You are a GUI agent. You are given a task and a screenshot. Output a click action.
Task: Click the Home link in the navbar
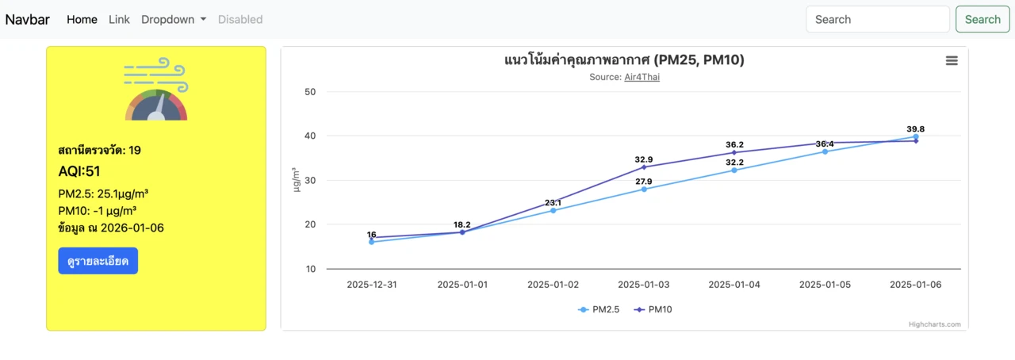[82, 19]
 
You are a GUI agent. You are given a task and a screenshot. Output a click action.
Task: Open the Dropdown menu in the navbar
[174, 19]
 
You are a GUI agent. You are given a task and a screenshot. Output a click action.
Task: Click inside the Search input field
[877, 19]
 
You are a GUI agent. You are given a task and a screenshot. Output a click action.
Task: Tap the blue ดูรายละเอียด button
[98, 261]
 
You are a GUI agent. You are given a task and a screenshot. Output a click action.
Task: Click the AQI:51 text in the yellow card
[79, 171]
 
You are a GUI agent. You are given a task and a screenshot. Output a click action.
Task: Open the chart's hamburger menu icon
[952, 61]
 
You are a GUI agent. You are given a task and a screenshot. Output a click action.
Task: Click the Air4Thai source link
[642, 77]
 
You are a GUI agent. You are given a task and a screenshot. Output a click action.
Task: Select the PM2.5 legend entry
[599, 309]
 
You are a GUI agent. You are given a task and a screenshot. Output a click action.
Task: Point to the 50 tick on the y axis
[310, 92]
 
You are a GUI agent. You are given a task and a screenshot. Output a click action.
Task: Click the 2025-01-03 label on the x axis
[644, 285]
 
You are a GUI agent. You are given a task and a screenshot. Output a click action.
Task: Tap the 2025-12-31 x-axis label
[372, 285]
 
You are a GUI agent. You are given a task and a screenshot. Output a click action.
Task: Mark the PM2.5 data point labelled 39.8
[916, 137]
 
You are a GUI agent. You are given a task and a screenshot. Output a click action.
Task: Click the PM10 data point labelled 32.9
[644, 167]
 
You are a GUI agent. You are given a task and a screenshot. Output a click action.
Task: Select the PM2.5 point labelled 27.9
[644, 189]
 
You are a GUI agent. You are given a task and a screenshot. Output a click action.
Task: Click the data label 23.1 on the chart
[553, 203]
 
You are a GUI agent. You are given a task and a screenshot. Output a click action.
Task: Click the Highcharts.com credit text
[934, 324]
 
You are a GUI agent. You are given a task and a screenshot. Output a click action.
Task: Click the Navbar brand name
[28, 19]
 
